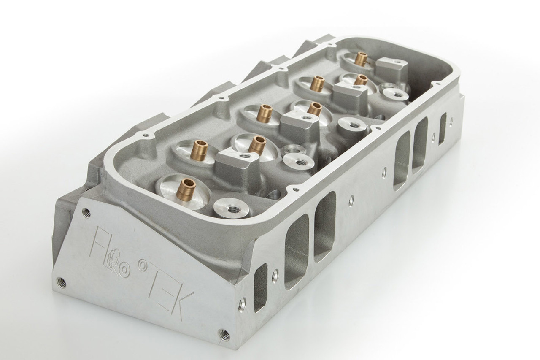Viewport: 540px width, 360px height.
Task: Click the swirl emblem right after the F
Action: (x=118, y=256)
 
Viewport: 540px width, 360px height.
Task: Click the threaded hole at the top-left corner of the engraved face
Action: (x=87, y=214)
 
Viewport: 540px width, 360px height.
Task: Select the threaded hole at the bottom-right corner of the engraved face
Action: (x=222, y=333)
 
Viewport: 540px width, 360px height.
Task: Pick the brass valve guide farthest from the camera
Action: (x=361, y=59)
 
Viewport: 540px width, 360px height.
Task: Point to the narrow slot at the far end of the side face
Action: (x=442, y=128)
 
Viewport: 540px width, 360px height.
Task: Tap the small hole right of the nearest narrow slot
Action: (x=275, y=277)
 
